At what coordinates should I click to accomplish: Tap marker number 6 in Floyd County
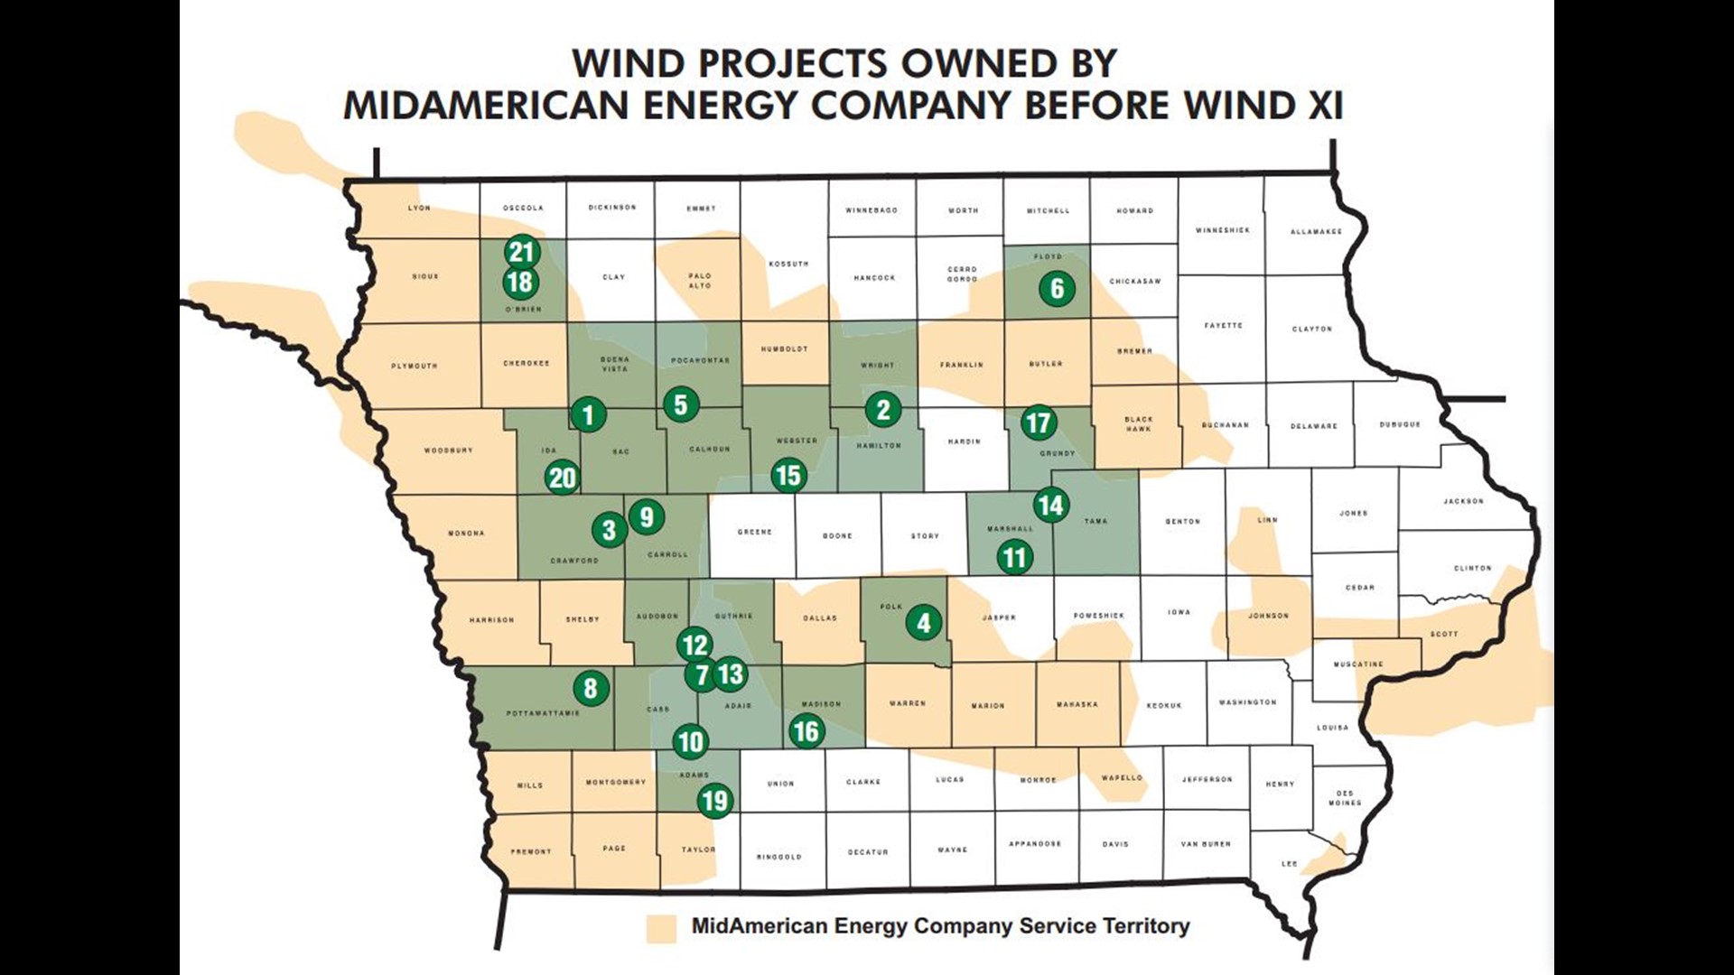click(x=1057, y=289)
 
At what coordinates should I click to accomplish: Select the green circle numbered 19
click(x=714, y=801)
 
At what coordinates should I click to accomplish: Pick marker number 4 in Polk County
click(x=923, y=622)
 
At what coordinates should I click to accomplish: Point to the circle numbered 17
click(x=1039, y=422)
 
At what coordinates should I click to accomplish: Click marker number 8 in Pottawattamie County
click(x=591, y=689)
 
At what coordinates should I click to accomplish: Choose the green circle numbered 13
click(x=731, y=673)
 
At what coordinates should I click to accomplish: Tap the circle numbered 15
click(x=788, y=475)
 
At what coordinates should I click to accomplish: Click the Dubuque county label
click(x=1400, y=424)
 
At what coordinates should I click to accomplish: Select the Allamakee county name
click(x=1316, y=232)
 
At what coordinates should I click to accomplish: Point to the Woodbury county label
click(x=448, y=450)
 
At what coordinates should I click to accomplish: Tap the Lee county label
click(x=1289, y=864)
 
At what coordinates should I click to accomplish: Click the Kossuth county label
click(x=788, y=265)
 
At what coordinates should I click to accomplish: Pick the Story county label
click(x=925, y=536)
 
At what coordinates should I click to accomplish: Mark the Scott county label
click(x=1443, y=634)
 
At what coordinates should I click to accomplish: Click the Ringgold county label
click(x=778, y=857)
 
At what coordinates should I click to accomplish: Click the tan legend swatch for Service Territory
click(x=661, y=929)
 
